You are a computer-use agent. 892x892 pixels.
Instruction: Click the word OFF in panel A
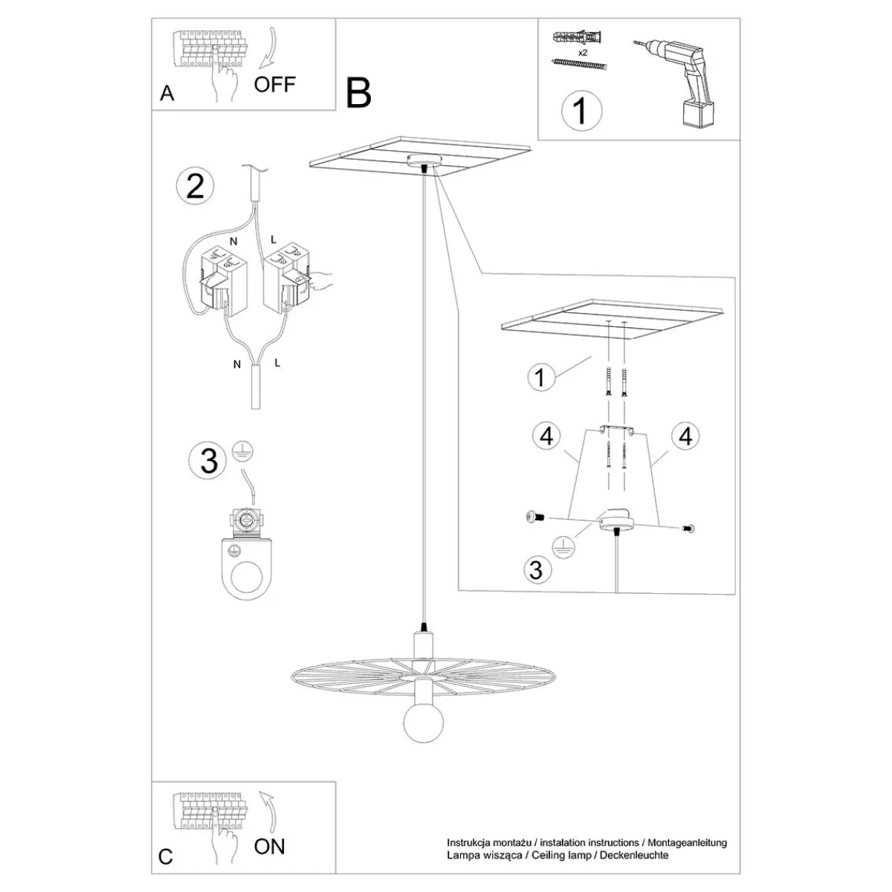[274, 84]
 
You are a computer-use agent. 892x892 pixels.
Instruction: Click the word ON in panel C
[269, 847]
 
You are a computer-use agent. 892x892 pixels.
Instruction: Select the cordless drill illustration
[673, 83]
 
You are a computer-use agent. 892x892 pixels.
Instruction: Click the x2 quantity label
[583, 54]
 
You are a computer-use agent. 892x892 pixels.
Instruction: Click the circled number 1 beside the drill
[581, 111]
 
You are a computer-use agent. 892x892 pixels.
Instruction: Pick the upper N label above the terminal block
[233, 242]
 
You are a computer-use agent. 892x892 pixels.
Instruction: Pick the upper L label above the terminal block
[273, 239]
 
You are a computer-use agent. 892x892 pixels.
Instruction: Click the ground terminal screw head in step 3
[246, 522]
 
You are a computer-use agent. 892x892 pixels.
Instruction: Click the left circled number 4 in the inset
[546, 436]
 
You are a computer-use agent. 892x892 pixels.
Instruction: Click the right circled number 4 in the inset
[685, 436]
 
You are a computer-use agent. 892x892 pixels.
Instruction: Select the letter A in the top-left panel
[167, 94]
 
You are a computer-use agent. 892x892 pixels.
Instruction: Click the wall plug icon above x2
[578, 36]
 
